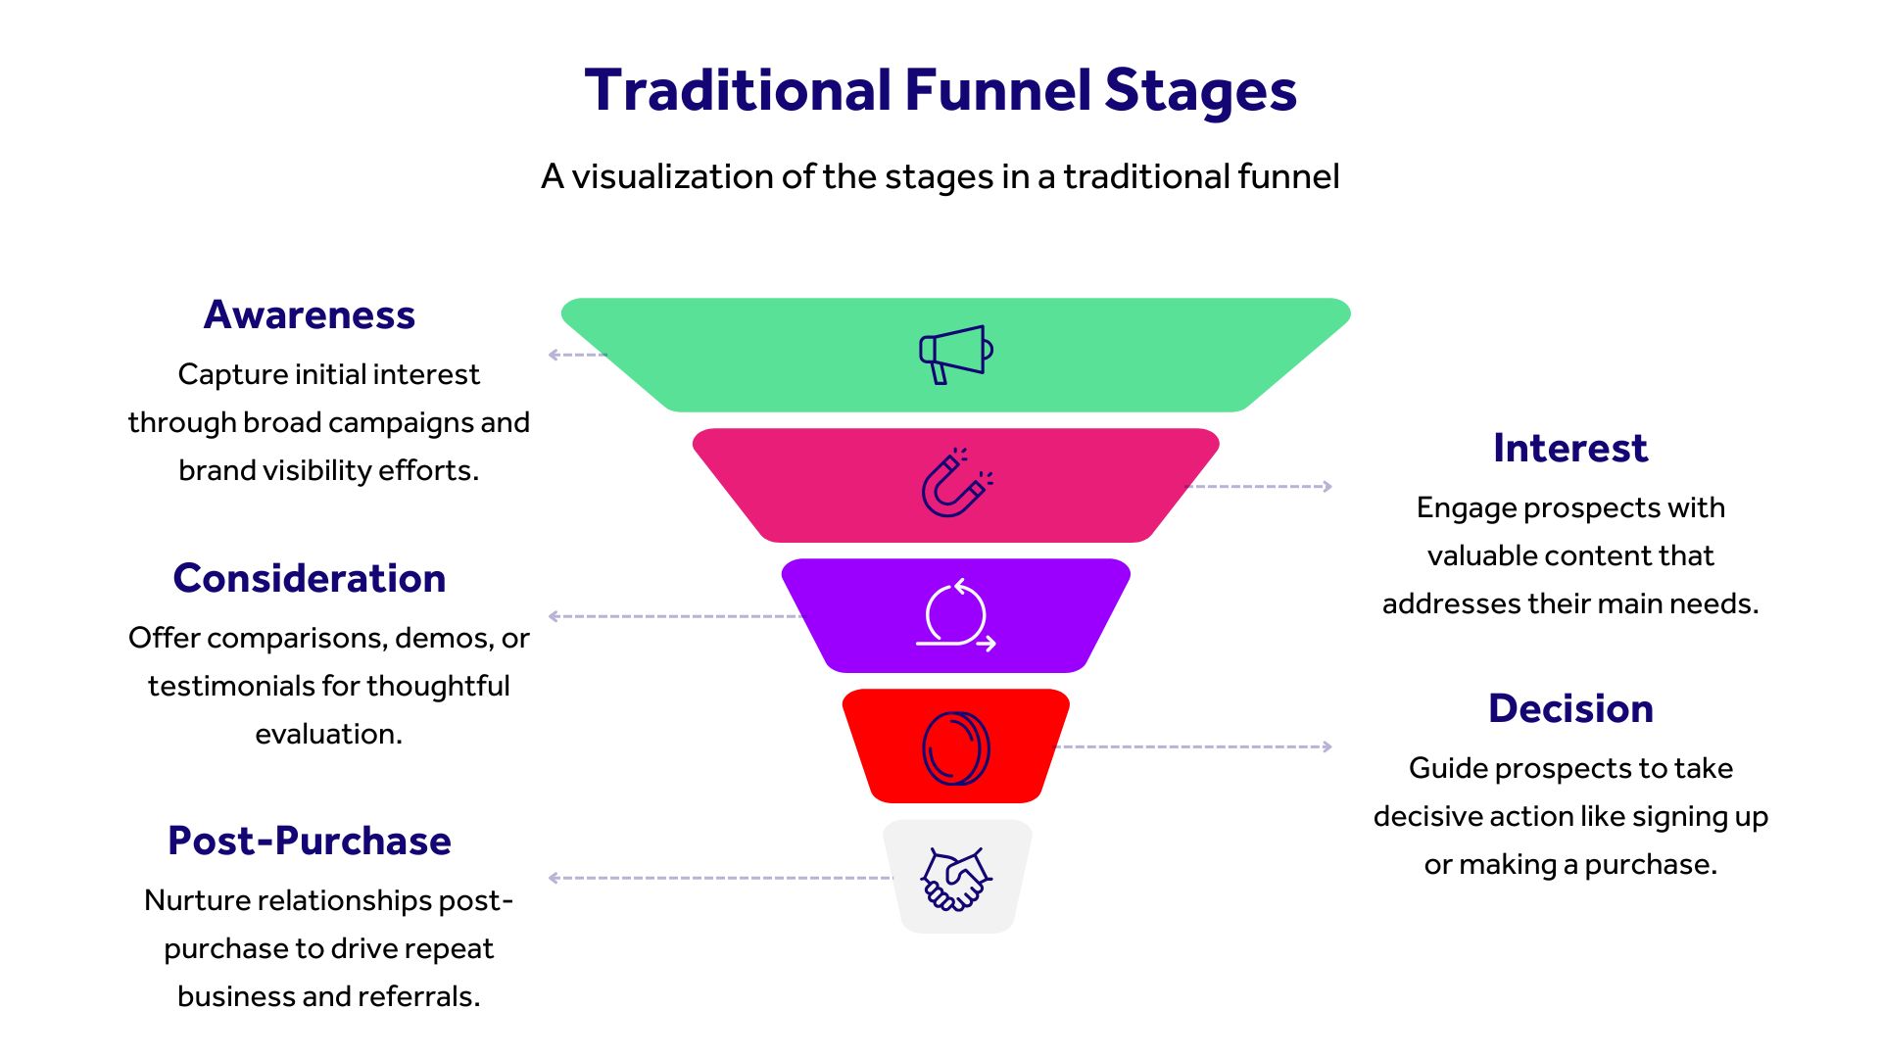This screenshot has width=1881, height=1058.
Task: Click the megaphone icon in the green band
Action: pos(955,354)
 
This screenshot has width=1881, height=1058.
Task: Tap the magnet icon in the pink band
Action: pos(955,483)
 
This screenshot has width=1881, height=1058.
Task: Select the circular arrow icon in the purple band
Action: pos(955,615)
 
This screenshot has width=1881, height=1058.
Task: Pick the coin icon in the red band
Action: pos(955,747)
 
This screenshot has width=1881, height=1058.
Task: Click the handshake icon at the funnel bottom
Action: pos(955,878)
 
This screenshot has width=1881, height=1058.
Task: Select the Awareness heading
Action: pos(310,315)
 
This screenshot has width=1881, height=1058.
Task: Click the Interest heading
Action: pos(1569,449)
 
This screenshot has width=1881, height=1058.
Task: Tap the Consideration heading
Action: pos(310,579)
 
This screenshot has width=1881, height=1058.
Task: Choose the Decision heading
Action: pos(1570,709)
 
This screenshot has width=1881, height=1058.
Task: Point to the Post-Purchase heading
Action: pos(310,842)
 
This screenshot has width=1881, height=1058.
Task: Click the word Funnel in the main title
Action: pos(997,90)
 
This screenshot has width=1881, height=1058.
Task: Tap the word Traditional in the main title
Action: pos(738,90)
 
